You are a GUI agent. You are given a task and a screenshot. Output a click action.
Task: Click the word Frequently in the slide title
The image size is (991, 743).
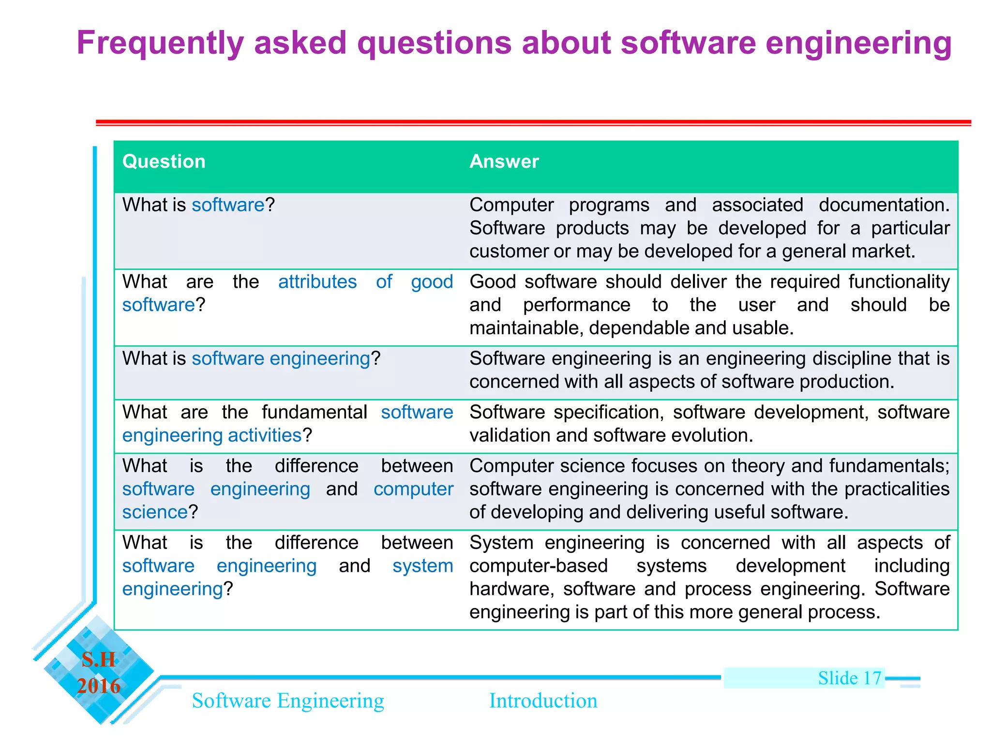160,44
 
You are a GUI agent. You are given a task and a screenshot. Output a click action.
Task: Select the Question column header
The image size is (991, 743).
164,162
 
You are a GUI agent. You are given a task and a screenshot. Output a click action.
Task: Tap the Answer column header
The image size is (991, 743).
504,162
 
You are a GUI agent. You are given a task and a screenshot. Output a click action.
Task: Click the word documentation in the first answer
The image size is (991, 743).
884,205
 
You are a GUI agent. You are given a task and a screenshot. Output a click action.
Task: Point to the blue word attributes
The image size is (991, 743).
317,282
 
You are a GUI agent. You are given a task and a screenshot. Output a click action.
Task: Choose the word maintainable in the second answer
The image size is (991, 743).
524,328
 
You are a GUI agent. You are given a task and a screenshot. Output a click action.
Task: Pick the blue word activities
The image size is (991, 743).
265,436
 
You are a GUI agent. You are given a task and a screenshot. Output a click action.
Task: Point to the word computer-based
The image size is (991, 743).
538,566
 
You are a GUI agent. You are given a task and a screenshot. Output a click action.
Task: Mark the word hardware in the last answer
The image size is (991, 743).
511,589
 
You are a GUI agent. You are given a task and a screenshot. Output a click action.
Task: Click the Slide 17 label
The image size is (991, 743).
849,678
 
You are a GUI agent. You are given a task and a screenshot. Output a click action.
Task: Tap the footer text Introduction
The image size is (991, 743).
543,701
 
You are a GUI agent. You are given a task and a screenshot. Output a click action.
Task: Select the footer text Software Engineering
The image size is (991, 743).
288,701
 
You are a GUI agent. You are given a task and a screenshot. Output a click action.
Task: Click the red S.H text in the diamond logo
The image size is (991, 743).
99,660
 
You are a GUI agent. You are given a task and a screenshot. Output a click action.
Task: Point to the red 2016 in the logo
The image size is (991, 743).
99,686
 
